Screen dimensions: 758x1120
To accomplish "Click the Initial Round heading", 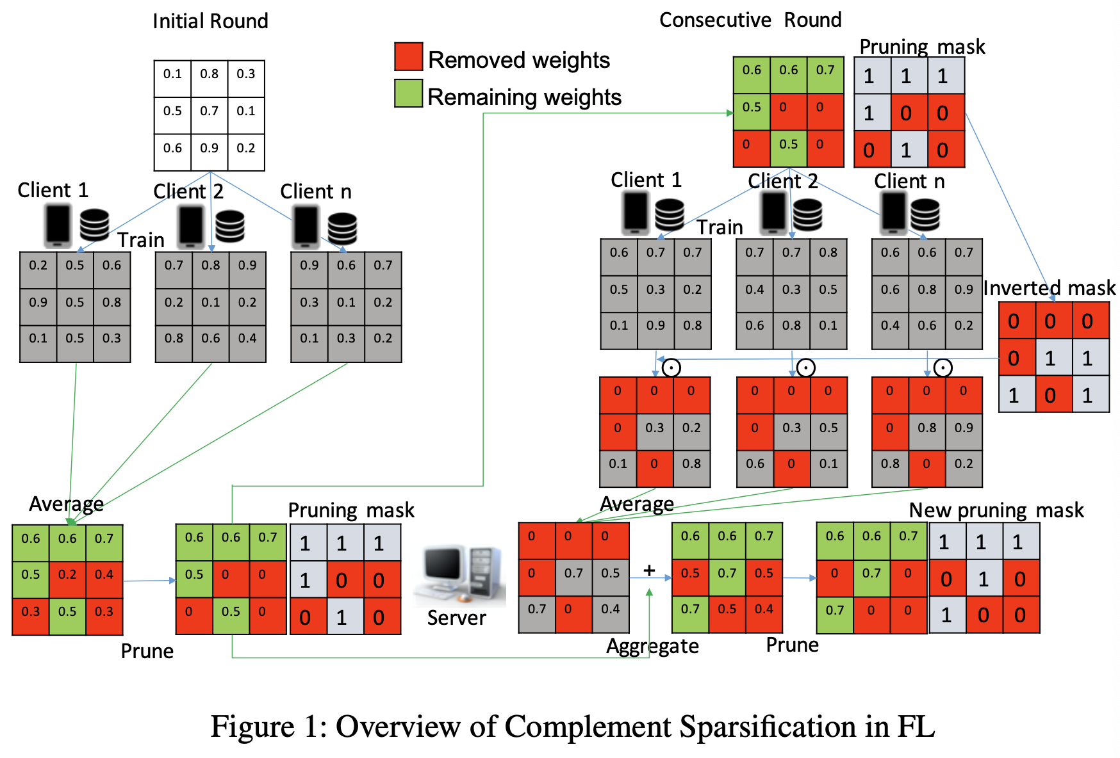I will tap(210, 21).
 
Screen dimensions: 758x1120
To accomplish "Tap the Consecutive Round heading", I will tap(750, 20).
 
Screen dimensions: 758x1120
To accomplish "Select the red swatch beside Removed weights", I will tap(408, 56).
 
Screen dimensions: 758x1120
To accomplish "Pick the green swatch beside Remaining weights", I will tap(408, 93).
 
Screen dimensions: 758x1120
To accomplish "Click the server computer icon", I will tap(459, 574).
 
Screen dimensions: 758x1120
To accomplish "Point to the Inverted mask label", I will tap(1049, 288).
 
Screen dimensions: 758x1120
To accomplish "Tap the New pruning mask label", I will tap(996, 510).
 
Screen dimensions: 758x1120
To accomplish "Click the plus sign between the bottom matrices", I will tap(649, 570).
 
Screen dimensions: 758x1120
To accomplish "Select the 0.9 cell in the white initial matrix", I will tap(210, 148).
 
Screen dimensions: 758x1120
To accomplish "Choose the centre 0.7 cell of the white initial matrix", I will tap(210, 111).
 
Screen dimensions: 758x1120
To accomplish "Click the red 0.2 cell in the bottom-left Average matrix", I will tap(67, 575).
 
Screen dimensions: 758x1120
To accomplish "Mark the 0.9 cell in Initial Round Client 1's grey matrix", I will tap(38, 302).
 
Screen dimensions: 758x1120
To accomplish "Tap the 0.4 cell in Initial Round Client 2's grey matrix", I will tap(247, 338).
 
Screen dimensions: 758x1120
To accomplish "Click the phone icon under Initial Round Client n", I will tap(306, 226).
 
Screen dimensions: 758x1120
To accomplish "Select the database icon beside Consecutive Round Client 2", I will tap(807, 214).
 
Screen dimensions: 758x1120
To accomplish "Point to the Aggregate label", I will tap(652, 646).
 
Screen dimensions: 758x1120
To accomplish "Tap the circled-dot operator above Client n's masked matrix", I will tap(943, 367).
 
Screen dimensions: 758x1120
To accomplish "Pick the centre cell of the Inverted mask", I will tap(1050, 358).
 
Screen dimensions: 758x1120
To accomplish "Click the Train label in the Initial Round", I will tap(141, 240).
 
